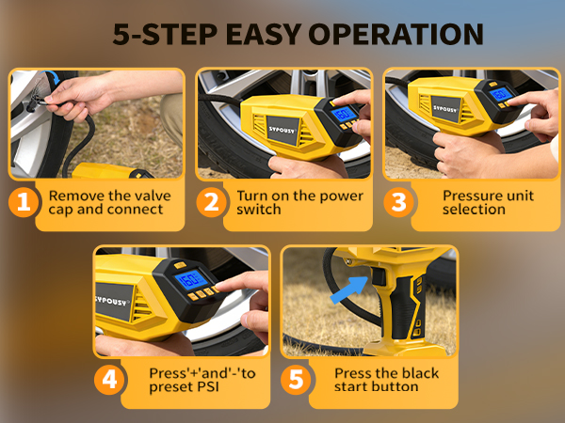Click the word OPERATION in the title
395,34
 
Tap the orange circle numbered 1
24,202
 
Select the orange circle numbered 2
212,202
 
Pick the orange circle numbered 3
398,202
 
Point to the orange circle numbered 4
109,380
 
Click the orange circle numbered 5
297,380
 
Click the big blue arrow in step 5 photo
349,290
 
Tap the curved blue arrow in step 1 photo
52,77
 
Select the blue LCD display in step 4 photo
191,280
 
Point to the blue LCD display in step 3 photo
501,95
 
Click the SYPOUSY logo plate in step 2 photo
283,131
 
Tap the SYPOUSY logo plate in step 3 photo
446,109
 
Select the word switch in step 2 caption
259,210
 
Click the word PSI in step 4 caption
208,387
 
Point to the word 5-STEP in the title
165,34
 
